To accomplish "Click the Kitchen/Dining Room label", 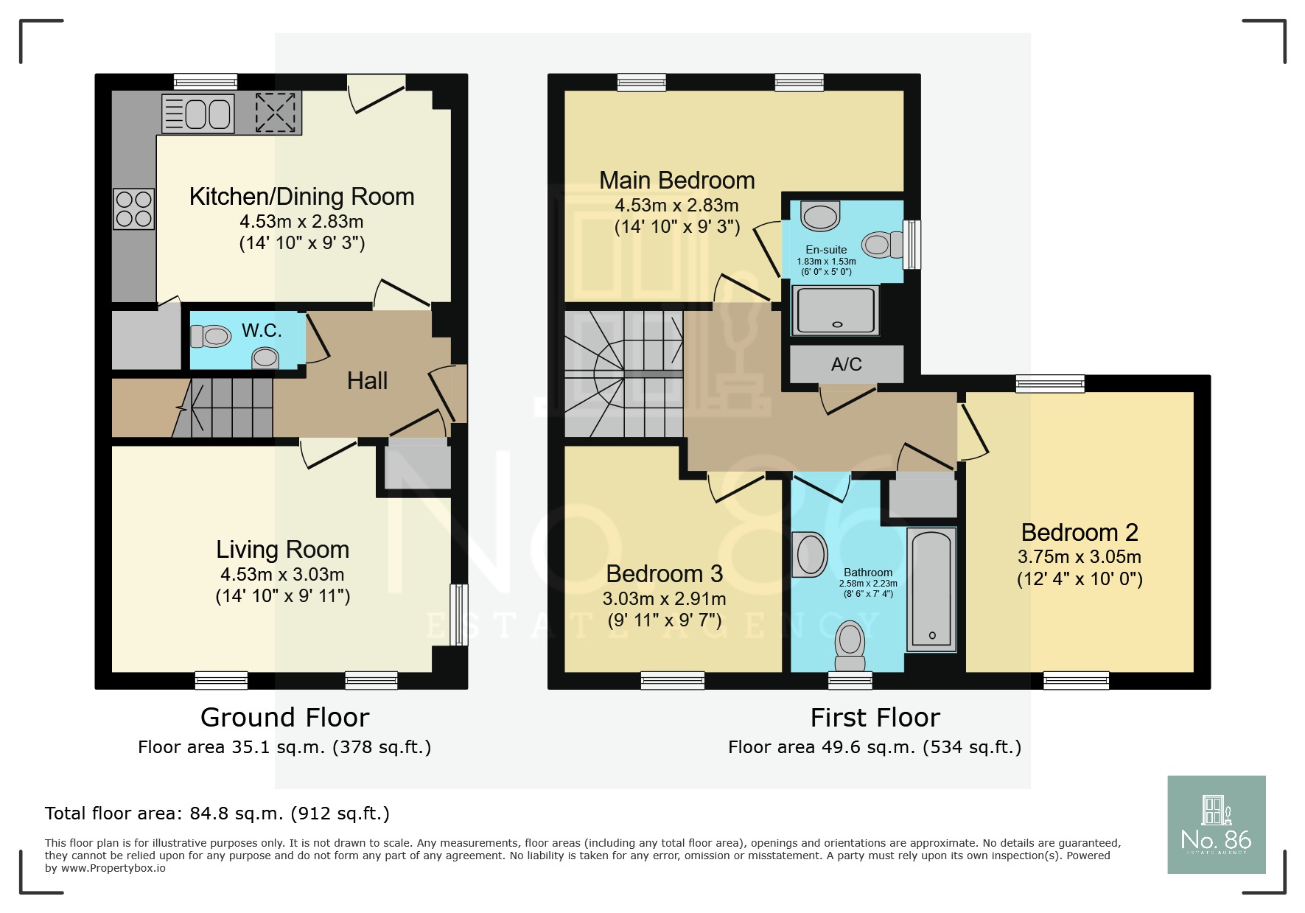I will pyautogui.click(x=301, y=197).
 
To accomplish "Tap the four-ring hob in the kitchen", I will pyautogui.click(x=133, y=209).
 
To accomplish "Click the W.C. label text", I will pyautogui.click(x=262, y=331).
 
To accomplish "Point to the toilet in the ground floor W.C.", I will pyautogui.click(x=211, y=337).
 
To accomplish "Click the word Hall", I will pyautogui.click(x=367, y=381).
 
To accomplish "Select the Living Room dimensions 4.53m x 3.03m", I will pyautogui.click(x=282, y=574).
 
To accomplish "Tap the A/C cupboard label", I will pyautogui.click(x=846, y=364).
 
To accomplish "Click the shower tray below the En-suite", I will pyautogui.click(x=835, y=310).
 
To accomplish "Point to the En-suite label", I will pyautogui.click(x=826, y=250).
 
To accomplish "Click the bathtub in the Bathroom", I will pyautogui.click(x=931, y=589).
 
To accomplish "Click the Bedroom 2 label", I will pyautogui.click(x=1080, y=532).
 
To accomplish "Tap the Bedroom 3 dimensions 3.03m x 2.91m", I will pyautogui.click(x=664, y=598).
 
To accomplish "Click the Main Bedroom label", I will pyautogui.click(x=676, y=181).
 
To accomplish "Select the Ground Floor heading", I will pyautogui.click(x=284, y=717).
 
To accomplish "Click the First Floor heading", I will pyautogui.click(x=875, y=717).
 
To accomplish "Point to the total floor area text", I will pyautogui.click(x=217, y=814).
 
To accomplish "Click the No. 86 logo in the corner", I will pyautogui.click(x=1216, y=825).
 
